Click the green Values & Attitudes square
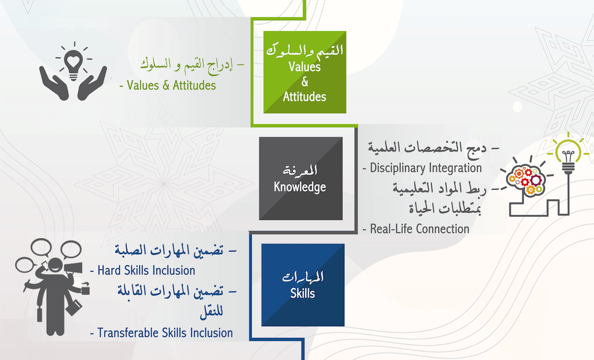point(305,72)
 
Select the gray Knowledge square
point(301,178)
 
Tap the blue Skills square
point(303,285)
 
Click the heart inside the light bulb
point(73,61)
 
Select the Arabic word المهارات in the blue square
point(303,277)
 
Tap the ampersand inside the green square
point(305,81)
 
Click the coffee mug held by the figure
point(85,290)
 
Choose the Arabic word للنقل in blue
point(211,311)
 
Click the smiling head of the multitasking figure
point(55,265)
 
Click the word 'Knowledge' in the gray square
point(300,187)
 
